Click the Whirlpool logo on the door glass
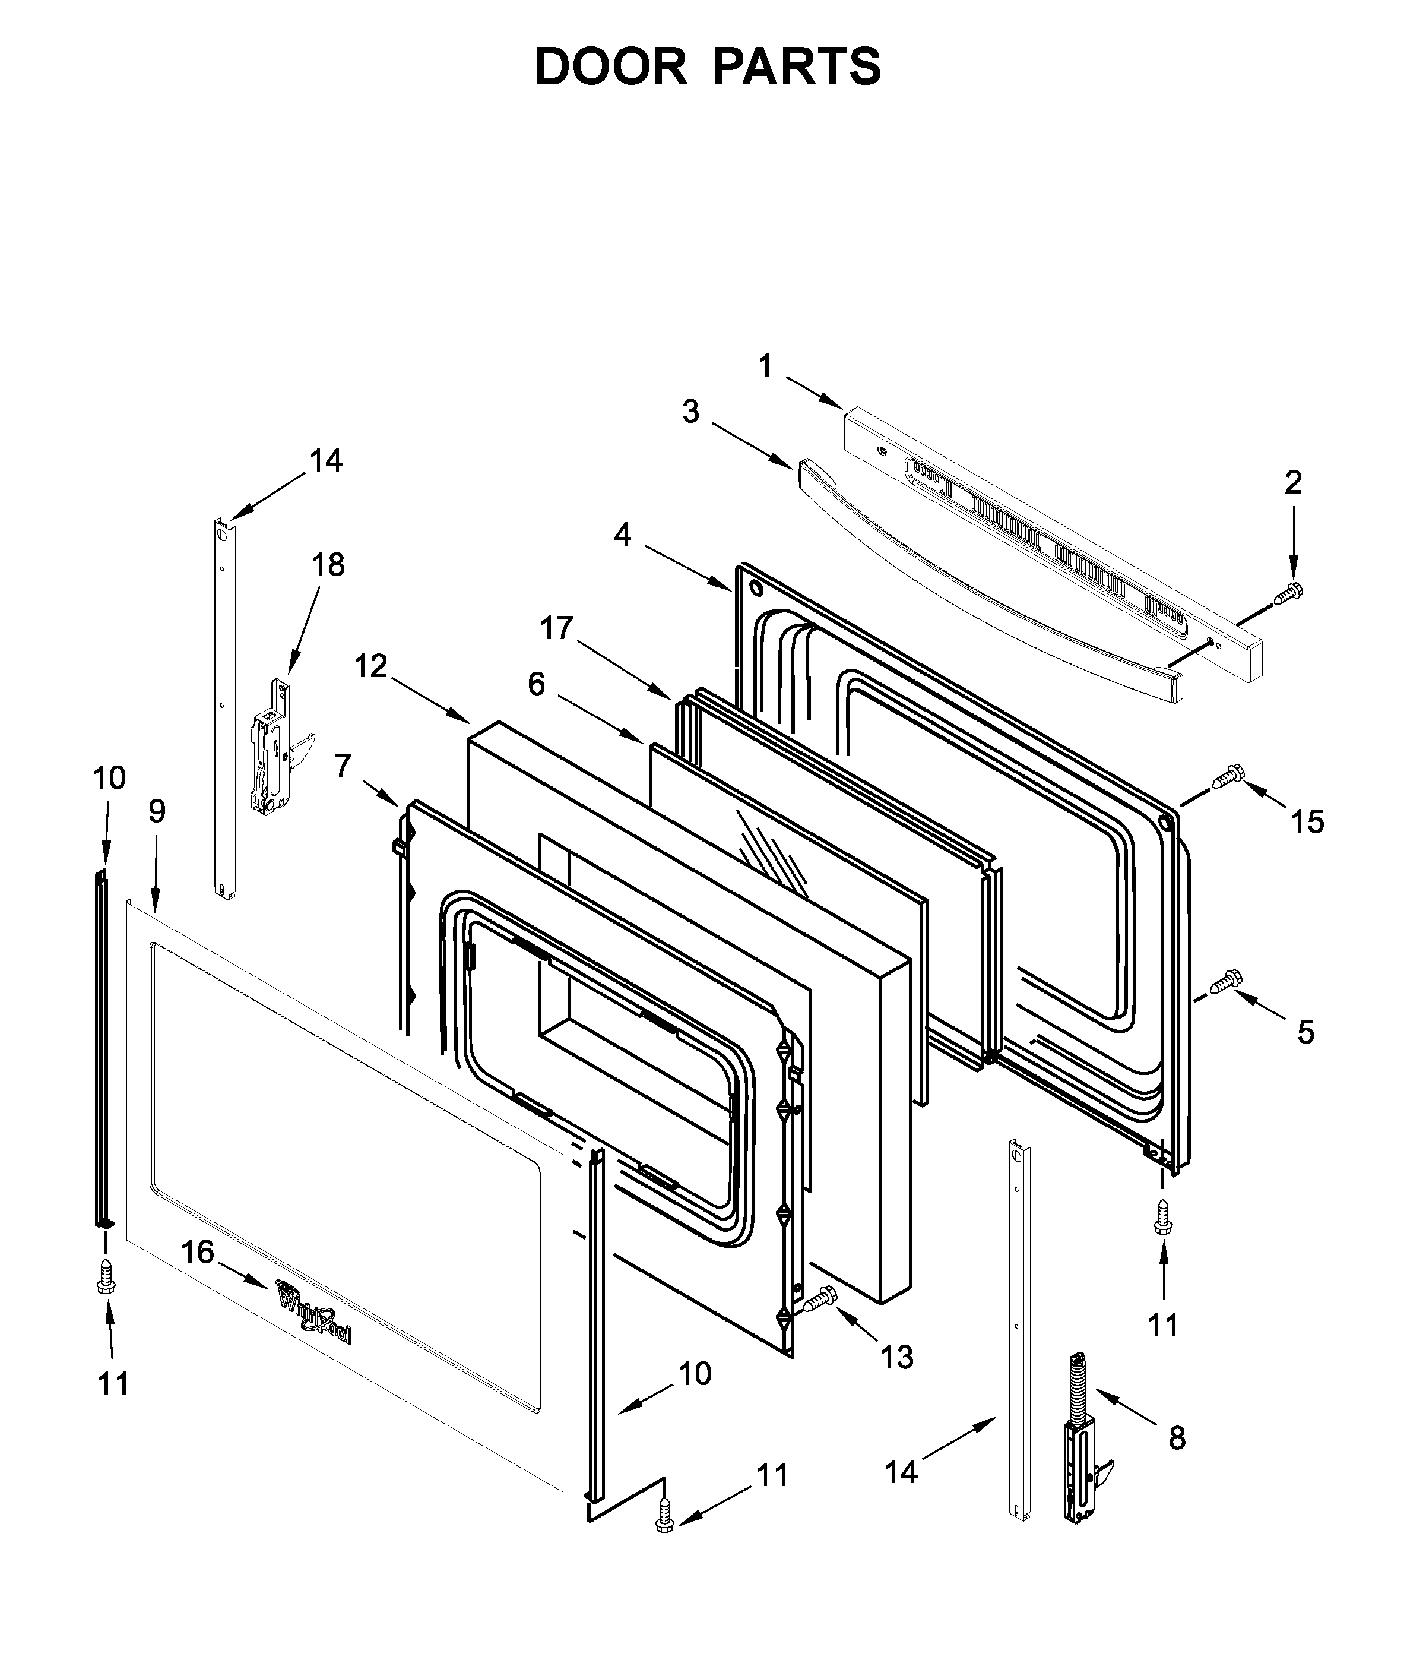coord(313,1315)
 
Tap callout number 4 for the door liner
coord(622,535)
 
